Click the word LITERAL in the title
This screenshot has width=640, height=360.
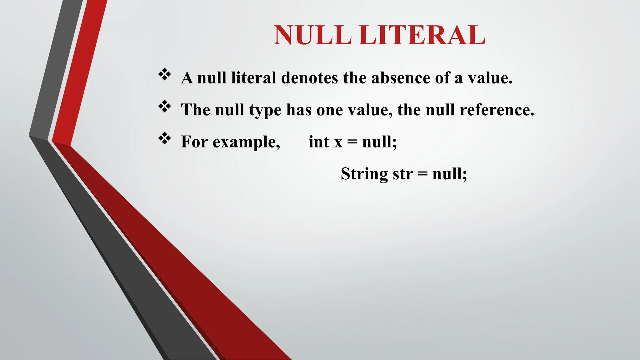click(422, 35)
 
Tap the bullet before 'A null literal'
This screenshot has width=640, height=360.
click(165, 75)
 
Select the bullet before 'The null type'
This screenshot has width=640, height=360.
click(165, 107)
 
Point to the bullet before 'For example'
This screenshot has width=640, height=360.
click(165, 138)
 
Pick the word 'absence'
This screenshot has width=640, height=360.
click(401, 78)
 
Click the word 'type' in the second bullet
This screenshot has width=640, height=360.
click(265, 110)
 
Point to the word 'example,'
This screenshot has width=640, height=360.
click(246, 142)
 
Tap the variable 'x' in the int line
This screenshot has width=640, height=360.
click(338, 142)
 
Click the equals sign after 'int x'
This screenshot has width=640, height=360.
click(352, 142)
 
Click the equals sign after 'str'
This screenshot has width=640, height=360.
click(422, 174)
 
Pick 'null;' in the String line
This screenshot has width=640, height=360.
click(450, 174)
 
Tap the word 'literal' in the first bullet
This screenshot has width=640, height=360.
click(253, 78)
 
